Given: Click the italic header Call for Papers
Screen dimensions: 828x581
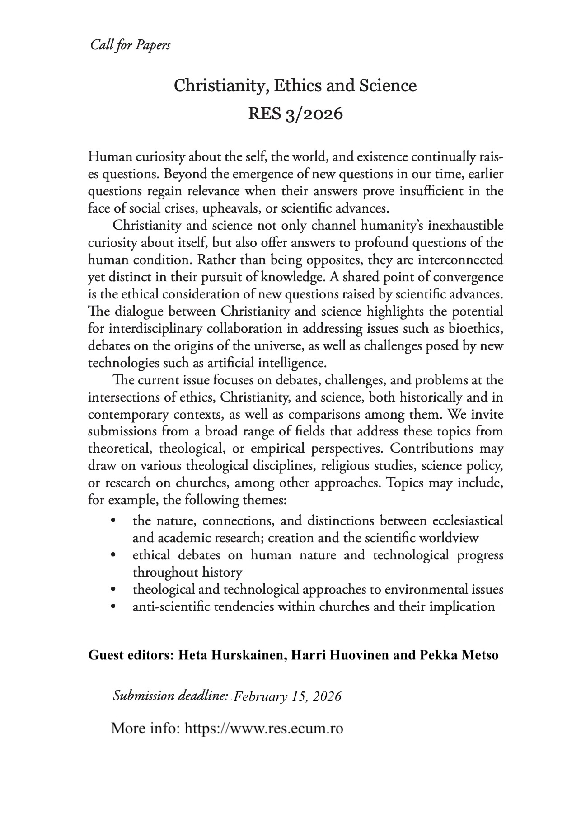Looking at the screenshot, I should [130, 45].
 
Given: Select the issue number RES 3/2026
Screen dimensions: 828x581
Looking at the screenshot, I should [295, 114].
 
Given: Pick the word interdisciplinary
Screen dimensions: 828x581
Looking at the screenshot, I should [147, 329].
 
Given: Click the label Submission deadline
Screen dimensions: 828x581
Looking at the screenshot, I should [169, 696].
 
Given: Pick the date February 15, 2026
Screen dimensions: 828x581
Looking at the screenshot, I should [287, 696].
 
